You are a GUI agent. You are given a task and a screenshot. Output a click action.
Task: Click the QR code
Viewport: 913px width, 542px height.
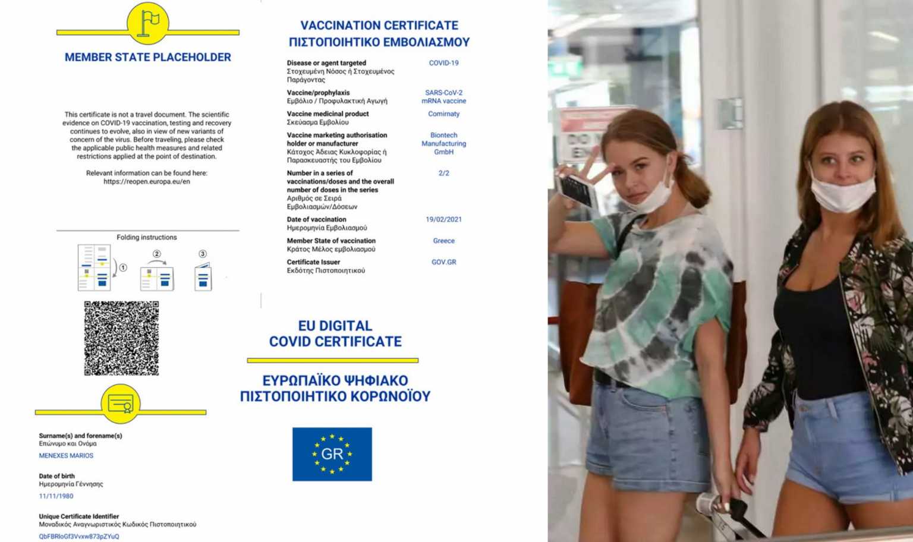point(121,338)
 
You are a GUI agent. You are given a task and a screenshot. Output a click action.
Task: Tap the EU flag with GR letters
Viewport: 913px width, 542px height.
point(332,454)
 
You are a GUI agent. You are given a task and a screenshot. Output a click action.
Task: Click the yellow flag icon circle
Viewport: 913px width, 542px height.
point(148,23)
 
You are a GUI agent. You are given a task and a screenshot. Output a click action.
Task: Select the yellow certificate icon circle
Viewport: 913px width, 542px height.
point(121,404)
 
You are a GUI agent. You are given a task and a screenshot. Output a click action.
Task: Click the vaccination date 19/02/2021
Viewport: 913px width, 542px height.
point(443,219)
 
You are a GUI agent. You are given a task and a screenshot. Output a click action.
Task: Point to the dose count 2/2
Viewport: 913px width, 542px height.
point(443,174)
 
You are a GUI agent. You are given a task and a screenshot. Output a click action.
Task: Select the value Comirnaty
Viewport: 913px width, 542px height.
point(443,114)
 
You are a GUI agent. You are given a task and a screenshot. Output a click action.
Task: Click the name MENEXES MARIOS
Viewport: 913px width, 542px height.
point(66,456)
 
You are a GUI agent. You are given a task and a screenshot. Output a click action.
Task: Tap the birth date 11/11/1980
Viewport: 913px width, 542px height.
point(56,496)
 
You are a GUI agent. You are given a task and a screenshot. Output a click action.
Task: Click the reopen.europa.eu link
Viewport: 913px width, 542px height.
point(147,182)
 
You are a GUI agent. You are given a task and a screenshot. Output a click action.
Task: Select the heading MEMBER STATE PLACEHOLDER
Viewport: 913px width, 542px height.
point(148,58)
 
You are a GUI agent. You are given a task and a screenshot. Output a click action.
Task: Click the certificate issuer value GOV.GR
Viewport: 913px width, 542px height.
point(443,262)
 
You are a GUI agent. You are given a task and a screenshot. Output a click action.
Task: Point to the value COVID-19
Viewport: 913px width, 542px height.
point(443,63)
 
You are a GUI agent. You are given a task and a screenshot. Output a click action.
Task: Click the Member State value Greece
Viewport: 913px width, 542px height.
point(443,241)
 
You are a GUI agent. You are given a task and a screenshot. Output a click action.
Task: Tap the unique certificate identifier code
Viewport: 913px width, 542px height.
point(79,536)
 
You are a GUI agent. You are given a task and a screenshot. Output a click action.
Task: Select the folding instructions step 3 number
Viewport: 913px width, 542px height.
point(203,254)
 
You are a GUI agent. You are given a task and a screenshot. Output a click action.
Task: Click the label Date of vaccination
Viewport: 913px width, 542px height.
point(316,219)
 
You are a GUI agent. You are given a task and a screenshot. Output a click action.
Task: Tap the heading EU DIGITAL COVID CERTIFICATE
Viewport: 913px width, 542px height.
point(335,333)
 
